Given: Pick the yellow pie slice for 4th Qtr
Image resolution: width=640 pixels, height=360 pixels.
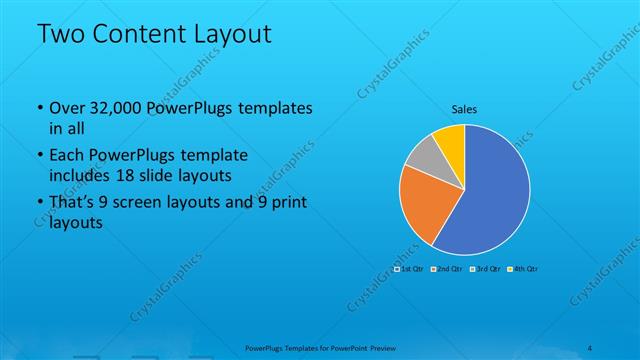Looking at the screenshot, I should pyautogui.click(x=450, y=138).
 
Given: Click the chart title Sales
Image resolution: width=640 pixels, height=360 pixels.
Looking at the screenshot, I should pyautogui.click(x=464, y=108).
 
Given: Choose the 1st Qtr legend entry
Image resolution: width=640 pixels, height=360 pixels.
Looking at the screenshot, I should pyautogui.click(x=410, y=269).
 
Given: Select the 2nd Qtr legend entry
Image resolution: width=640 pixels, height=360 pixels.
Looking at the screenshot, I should pyautogui.click(x=447, y=269).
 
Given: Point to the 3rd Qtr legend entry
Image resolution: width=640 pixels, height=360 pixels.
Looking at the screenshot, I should pyautogui.click(x=485, y=269).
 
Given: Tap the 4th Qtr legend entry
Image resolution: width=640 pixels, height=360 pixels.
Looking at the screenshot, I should pyautogui.click(x=523, y=269).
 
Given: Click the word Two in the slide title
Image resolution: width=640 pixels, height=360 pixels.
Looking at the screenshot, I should pyautogui.click(x=61, y=35).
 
